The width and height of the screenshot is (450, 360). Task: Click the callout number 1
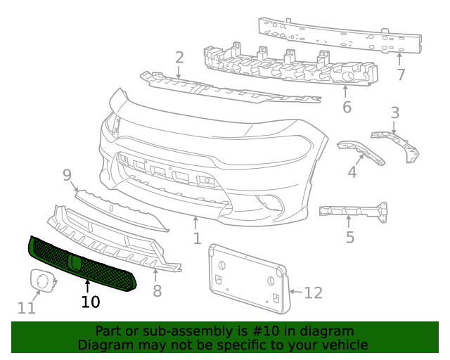(x=198, y=238)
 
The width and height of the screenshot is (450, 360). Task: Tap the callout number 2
(x=179, y=58)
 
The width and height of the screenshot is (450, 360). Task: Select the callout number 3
(x=395, y=112)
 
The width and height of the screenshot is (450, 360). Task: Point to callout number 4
(x=352, y=171)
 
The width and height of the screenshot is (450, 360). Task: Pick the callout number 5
(x=350, y=237)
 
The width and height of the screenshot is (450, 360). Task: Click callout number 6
(x=347, y=108)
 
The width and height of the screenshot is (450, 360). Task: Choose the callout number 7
(x=401, y=75)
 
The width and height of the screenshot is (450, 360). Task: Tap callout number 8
(x=157, y=290)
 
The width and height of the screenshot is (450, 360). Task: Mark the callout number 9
(x=67, y=175)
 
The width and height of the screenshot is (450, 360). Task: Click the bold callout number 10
(x=90, y=302)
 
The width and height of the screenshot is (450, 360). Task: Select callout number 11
(x=27, y=308)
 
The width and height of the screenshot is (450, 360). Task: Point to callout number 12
(x=313, y=292)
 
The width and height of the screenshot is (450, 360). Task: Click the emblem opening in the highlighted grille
(x=75, y=263)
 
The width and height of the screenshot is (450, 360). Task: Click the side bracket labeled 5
(x=352, y=211)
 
